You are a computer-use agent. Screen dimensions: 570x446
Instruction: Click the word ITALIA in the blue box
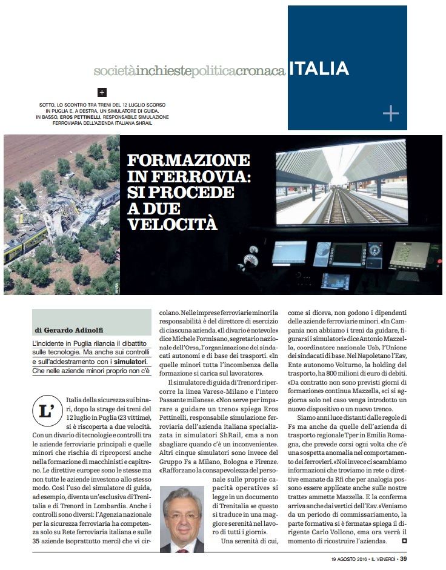pos(318,68)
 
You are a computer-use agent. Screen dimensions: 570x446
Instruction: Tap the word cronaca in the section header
pos(261,71)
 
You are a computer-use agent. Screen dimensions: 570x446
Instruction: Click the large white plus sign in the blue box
pos(391,113)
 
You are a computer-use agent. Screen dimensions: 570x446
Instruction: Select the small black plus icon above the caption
pos(102,93)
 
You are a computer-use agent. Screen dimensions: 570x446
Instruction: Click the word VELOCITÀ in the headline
pos(172,224)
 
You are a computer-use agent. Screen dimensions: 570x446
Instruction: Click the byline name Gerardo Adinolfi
pos(73,330)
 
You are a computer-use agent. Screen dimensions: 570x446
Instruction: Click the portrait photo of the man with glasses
pos(183,520)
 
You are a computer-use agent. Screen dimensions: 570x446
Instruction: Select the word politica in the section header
pos(213,71)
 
